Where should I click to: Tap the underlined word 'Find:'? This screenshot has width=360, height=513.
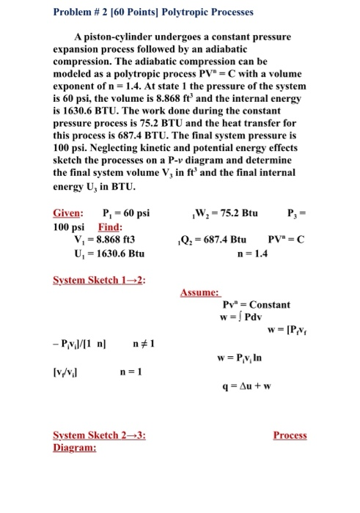101,227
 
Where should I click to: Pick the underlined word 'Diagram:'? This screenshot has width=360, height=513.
73,447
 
